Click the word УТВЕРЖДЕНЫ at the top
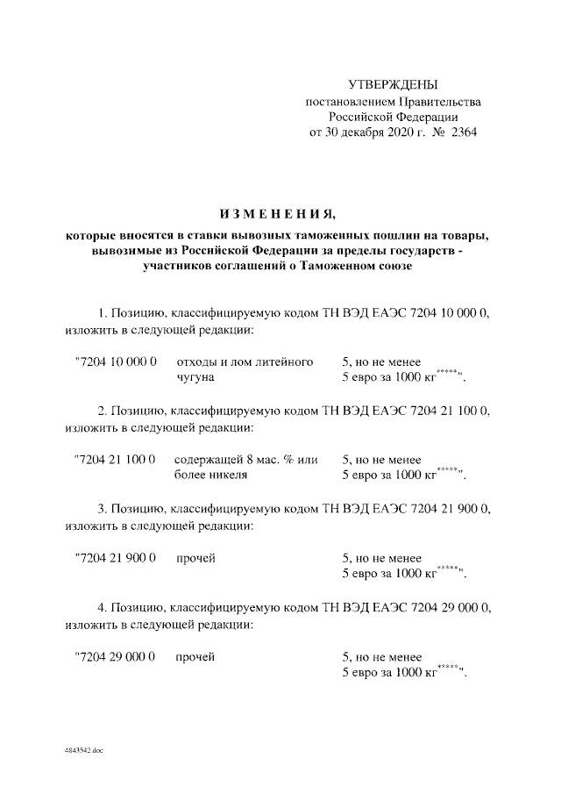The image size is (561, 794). tap(392, 84)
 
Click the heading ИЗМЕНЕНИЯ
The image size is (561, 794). tap(276, 213)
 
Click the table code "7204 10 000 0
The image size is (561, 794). tap(116, 361)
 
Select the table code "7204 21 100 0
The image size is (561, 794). tap(116, 460)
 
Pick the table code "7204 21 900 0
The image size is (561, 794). tap(116, 558)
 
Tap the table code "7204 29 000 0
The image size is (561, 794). tap(116, 656)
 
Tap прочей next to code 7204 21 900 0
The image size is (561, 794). tap(195, 558)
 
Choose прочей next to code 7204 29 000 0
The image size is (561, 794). tap(195, 656)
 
